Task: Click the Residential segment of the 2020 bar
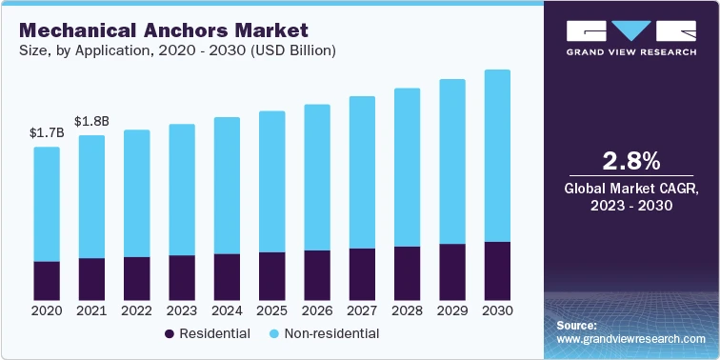click(47, 279)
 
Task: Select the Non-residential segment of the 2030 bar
click(498, 155)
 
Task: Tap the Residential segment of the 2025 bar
click(272, 274)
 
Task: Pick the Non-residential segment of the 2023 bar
click(182, 190)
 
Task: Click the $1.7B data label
click(47, 132)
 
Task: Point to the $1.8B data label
click(91, 121)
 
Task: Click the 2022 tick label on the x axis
click(137, 310)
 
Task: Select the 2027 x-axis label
click(363, 310)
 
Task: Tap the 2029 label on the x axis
click(452, 310)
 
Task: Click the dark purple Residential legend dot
click(170, 334)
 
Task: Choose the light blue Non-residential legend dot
click(274, 334)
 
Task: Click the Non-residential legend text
click(331, 334)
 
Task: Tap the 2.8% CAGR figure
click(631, 158)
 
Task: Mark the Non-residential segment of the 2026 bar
click(317, 177)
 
